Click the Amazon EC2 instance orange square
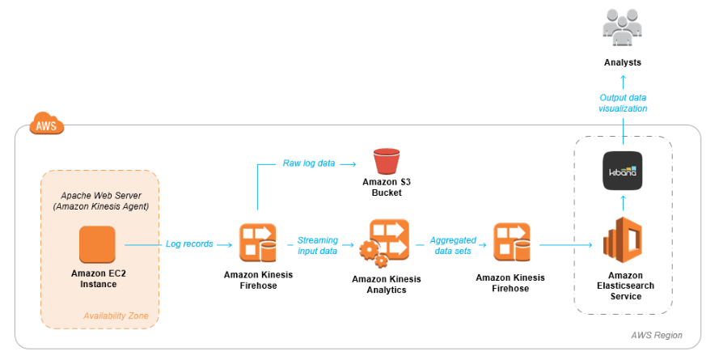[x=97, y=244]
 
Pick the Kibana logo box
[x=622, y=171]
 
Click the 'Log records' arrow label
[x=189, y=244]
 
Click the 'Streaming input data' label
[x=317, y=245]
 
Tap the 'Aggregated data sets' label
[x=453, y=245]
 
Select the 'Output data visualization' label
[x=623, y=103]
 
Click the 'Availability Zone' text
[x=116, y=316]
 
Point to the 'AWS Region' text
[x=657, y=335]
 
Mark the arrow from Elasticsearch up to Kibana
[x=622, y=201]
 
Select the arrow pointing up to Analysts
[x=622, y=81]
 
